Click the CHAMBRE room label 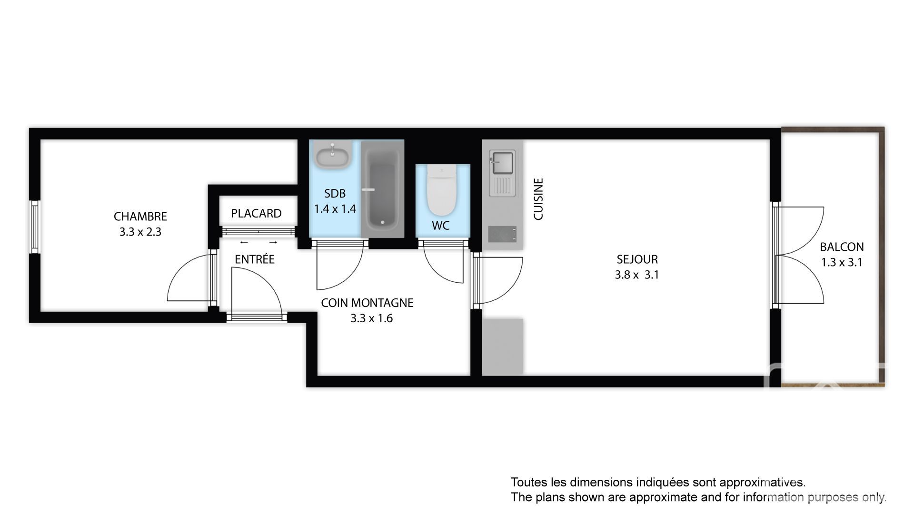coord(140,217)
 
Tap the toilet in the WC coord(442,190)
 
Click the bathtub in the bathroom coord(382,189)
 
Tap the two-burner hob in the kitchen coord(502,234)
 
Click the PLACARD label coord(256,214)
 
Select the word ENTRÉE coord(255,259)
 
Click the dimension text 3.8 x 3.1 coord(637,275)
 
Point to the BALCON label coord(842,247)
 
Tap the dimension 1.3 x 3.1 coord(842,262)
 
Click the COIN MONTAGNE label coord(367,303)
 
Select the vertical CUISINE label coord(538,199)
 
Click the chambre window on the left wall coord(34,227)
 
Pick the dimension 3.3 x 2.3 coord(140,232)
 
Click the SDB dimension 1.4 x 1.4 coord(335,209)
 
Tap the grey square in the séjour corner coord(502,346)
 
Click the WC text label coord(441,226)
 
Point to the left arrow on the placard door coord(244,243)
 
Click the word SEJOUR coord(637,259)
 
